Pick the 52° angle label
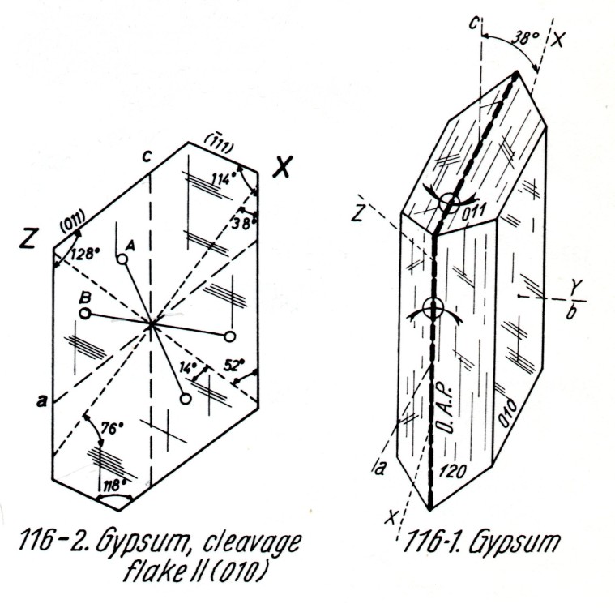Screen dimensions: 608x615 coord(234,366)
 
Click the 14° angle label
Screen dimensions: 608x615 coord(188,367)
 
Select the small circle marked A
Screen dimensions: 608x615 coord(122,259)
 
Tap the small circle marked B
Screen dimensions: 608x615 coord(84,313)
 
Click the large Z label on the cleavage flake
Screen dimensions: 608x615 coord(30,241)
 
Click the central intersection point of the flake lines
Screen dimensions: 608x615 coord(152,324)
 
